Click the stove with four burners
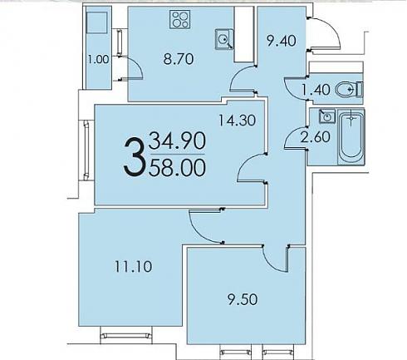tap(180, 19)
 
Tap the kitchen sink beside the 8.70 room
tap(224, 39)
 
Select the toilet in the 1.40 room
tap(350, 90)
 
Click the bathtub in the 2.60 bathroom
tap(351, 137)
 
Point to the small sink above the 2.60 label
tap(327, 116)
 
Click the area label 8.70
tap(179, 59)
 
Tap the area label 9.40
tap(281, 41)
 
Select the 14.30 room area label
tap(237, 121)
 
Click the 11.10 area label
tap(134, 267)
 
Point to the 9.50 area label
tap(243, 299)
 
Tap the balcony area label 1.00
tap(98, 59)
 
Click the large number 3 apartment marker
tap(135, 157)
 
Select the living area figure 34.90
tap(177, 141)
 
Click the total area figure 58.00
tap(177, 168)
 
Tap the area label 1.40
tap(316, 90)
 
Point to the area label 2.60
tap(316, 137)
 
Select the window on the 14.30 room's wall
tap(86, 150)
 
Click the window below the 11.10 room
tap(126, 336)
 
